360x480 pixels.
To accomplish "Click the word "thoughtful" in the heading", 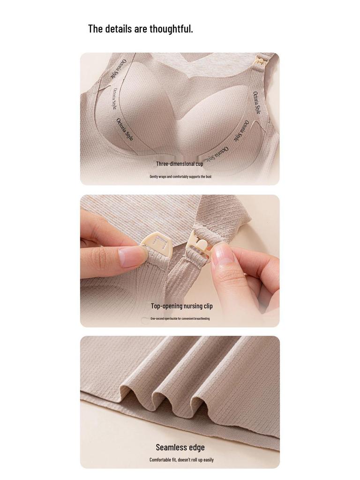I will (x=171, y=29).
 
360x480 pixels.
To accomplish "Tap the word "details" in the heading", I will (x=119, y=29).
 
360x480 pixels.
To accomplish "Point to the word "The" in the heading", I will (x=95, y=29).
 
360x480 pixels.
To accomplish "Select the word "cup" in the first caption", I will (x=199, y=164).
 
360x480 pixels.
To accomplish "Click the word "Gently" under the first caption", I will (x=154, y=177).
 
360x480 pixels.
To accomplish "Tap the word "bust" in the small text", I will (x=209, y=177).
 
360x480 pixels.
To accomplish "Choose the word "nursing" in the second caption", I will (x=193, y=306).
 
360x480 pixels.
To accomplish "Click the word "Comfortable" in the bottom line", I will (x=160, y=460).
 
